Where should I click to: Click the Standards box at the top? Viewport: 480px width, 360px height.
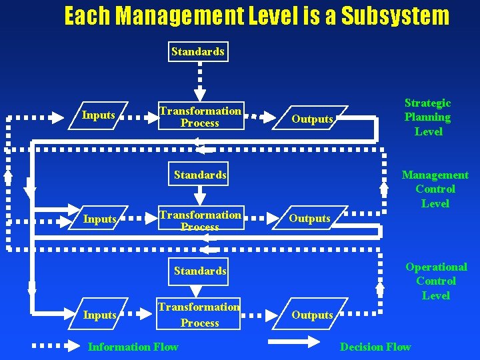198,51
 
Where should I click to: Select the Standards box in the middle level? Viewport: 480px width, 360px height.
200,175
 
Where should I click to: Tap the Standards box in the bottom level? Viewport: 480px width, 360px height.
199,271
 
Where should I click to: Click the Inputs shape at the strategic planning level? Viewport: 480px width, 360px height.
99,115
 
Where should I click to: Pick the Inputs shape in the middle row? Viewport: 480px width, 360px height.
100,219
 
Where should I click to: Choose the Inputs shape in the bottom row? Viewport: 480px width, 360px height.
100,315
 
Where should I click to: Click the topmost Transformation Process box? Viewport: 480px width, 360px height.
200,117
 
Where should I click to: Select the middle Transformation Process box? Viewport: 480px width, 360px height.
200,221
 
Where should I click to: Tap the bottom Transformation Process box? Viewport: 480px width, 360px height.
199,315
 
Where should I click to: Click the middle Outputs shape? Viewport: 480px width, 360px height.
310,219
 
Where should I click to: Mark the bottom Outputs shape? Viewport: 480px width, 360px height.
312,315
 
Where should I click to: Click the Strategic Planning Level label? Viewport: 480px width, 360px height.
428,117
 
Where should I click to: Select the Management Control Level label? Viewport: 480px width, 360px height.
435,189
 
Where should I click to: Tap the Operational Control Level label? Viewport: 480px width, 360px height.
436,281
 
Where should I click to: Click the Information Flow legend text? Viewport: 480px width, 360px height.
133,347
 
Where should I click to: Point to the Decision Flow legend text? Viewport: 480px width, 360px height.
375,347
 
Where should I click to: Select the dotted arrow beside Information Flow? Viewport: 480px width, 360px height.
57,347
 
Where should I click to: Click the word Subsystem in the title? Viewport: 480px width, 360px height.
395,16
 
